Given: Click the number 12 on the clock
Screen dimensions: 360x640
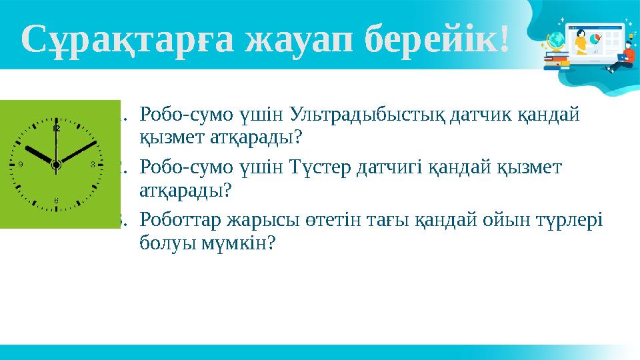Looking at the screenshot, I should tap(56, 128).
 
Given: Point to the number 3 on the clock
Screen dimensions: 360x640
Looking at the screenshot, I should tap(92, 163).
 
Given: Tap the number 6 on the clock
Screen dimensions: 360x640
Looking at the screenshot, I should tap(56, 199).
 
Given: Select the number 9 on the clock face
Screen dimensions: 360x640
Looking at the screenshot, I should tap(21, 163).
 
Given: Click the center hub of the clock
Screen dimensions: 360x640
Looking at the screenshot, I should tap(56, 163).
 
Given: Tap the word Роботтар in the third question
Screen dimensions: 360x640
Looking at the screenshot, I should tap(179, 219).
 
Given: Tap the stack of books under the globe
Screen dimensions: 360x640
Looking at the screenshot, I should tap(555, 61).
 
